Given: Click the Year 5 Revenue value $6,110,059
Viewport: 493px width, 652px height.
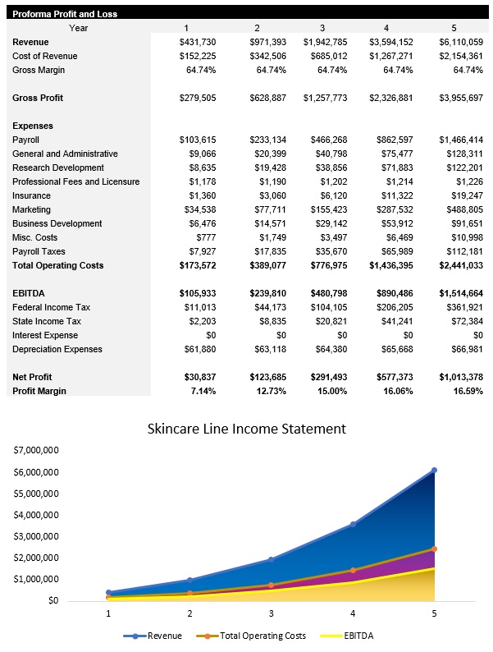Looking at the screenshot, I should [x=460, y=42].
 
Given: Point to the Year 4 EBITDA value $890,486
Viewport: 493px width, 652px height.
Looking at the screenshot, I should [x=393, y=293].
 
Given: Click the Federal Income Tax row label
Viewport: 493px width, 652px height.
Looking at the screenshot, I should [x=51, y=307].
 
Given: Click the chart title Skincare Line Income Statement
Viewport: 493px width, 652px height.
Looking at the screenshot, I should [x=246, y=429].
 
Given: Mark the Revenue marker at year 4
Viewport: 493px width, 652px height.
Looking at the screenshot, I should [x=354, y=524].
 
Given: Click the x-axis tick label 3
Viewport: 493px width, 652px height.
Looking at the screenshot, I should [x=271, y=613].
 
